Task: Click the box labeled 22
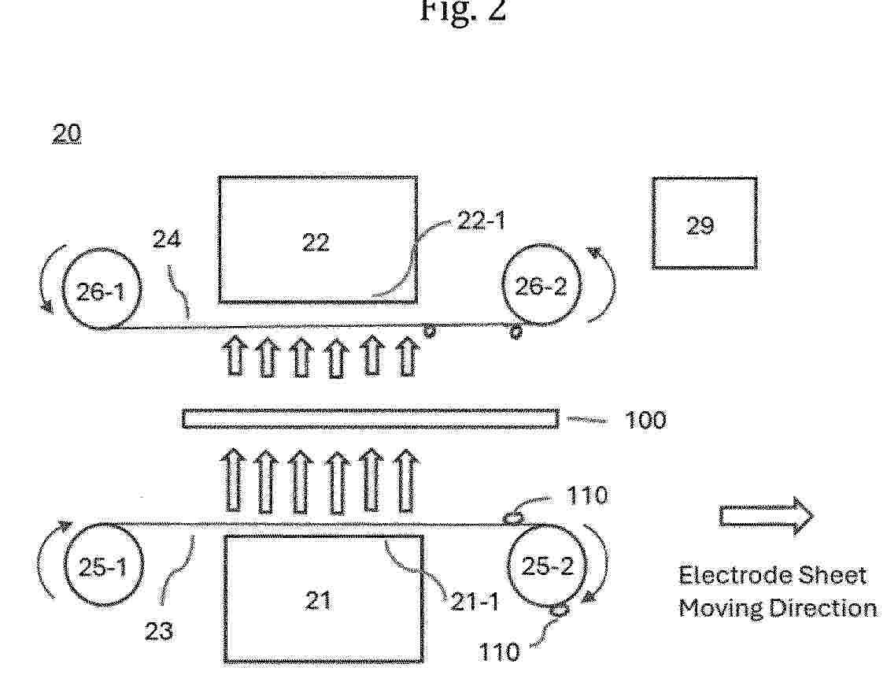pos(317,239)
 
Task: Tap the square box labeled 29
pos(704,223)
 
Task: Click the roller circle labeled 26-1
pos(102,290)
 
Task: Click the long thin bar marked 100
pos(370,418)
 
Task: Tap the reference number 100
pos(645,420)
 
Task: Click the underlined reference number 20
pos(67,135)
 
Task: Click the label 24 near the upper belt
pos(165,239)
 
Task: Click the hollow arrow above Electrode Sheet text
pos(766,517)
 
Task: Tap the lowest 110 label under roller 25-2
pos(498,652)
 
